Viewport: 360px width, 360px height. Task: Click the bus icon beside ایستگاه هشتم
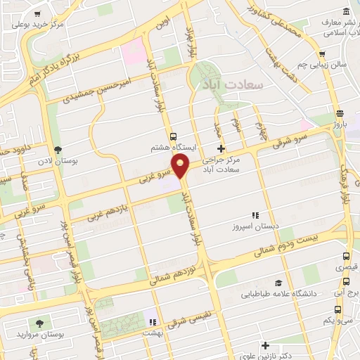pyautogui.click(x=173, y=136)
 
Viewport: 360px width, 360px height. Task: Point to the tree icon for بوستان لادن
pyautogui.click(x=58, y=150)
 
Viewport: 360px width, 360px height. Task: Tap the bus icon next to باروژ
pyautogui.click(x=340, y=113)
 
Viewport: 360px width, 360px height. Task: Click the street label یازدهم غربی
pyautogui.click(x=105, y=209)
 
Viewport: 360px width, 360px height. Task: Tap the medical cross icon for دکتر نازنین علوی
pyautogui.click(x=265, y=345)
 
